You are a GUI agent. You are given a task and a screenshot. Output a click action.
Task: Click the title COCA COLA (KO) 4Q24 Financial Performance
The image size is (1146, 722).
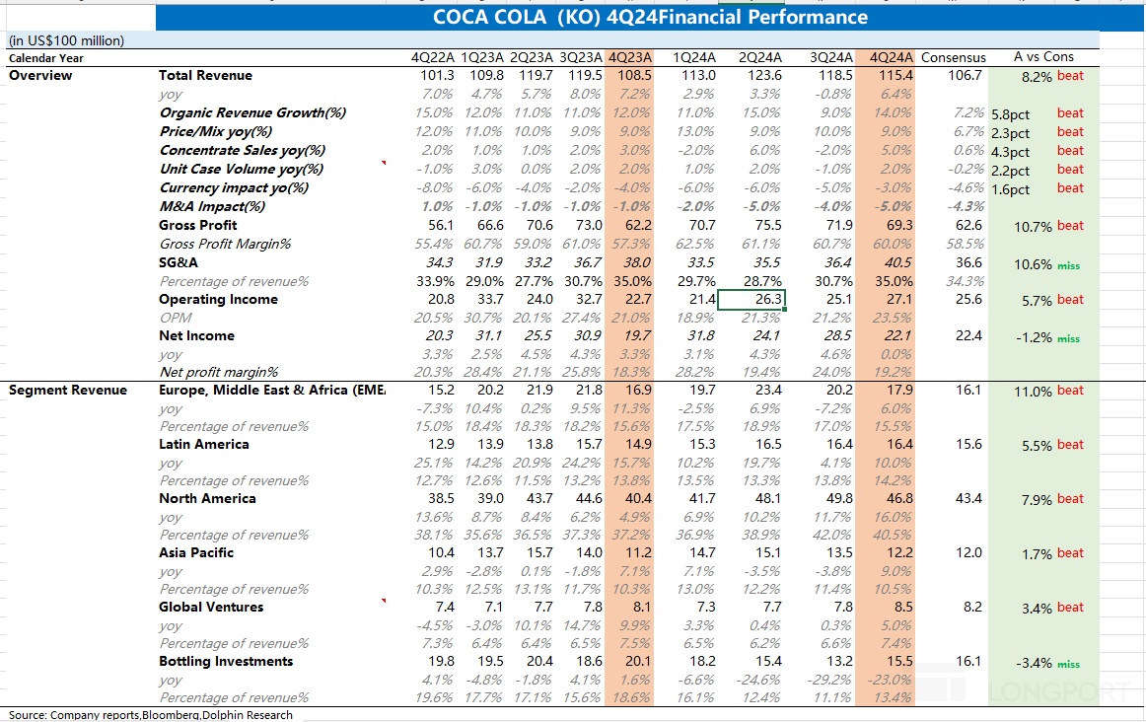point(651,17)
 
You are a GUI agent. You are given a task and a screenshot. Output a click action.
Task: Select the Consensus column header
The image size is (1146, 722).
point(953,57)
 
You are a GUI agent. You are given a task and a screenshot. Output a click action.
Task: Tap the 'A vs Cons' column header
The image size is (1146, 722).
point(1043,56)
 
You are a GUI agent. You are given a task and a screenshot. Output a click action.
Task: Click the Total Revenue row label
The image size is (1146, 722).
point(205,75)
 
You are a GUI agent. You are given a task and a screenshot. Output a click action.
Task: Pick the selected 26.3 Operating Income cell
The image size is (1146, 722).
point(751,300)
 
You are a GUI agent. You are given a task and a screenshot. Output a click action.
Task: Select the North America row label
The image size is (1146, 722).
point(207,498)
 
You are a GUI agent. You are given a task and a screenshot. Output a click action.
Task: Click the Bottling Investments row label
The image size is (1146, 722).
point(226,661)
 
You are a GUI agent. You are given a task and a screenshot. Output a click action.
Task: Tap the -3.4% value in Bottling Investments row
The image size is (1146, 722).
point(1033,663)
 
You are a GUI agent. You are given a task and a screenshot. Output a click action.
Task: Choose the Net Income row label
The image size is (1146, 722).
point(196,335)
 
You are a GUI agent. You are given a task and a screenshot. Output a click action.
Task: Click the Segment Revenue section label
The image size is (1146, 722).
point(68,390)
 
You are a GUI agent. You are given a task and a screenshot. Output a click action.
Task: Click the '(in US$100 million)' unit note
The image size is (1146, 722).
point(66,40)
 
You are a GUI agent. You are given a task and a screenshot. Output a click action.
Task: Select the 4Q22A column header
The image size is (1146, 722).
point(433,57)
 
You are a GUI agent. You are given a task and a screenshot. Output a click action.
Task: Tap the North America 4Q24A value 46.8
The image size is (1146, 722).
point(899,498)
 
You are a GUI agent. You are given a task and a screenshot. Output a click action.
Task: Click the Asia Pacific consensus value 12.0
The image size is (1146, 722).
point(969,552)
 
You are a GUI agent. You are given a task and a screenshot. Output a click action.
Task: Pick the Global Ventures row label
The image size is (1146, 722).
point(211,607)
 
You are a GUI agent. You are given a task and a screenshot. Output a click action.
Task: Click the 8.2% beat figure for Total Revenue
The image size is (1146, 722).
point(1037,76)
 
